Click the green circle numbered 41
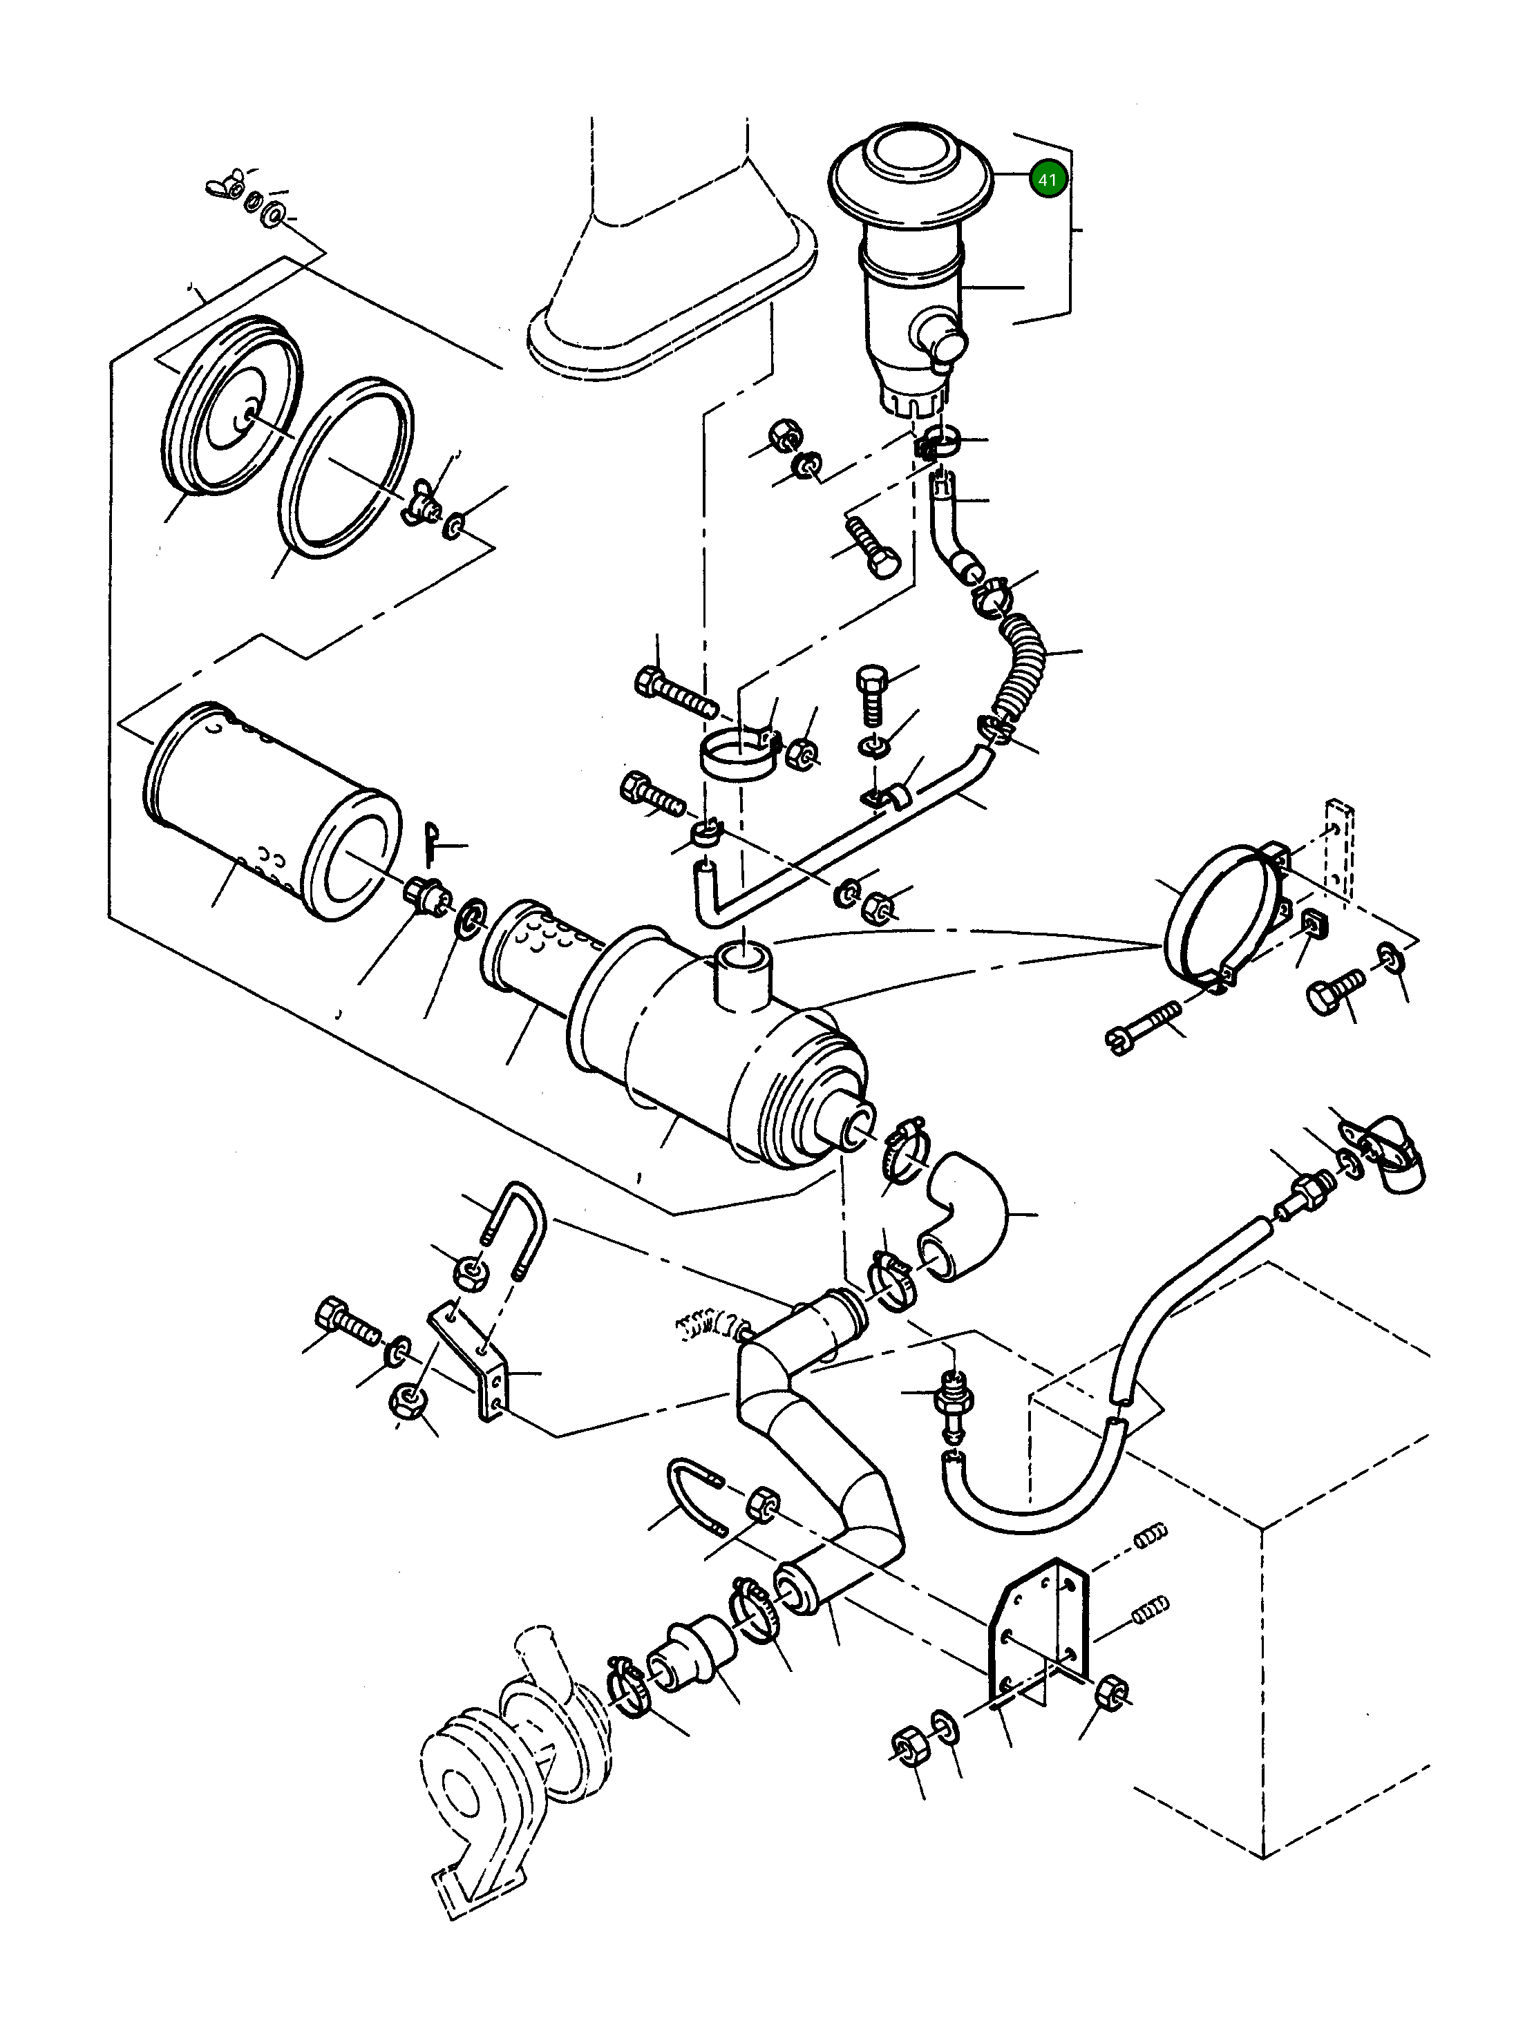tap(1047, 180)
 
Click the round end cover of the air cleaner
tap(231, 408)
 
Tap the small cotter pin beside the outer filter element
tap(433, 842)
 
